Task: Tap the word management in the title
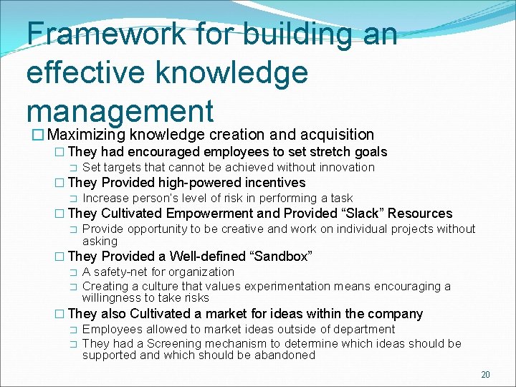(120, 111)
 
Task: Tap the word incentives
(272, 183)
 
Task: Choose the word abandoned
(279, 355)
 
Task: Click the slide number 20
(485, 375)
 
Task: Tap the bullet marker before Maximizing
(31, 135)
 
